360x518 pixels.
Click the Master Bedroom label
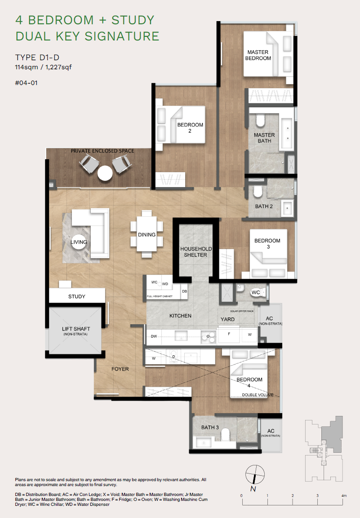tap(258, 55)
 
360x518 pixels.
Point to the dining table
tap(147, 235)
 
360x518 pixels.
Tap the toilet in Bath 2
tap(258, 192)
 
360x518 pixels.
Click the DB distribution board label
tap(184, 291)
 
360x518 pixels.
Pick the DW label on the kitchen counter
tap(154, 336)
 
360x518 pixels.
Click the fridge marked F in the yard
tap(229, 335)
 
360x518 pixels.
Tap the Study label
tap(77, 296)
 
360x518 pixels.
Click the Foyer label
tap(120, 369)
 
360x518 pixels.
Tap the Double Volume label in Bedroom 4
tap(258, 395)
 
